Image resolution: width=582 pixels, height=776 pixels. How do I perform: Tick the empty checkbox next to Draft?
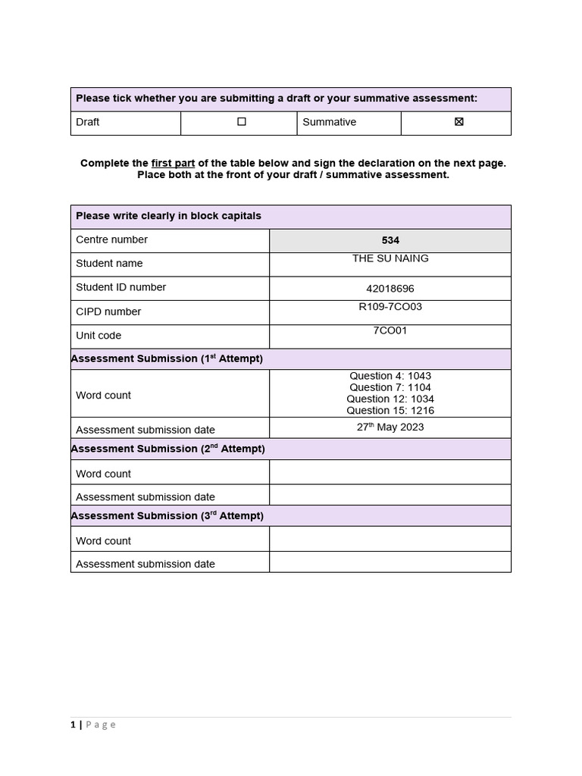[x=242, y=121]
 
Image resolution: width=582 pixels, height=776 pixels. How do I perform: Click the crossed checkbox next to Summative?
[x=458, y=121]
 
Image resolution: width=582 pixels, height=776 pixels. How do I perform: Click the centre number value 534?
[x=390, y=240]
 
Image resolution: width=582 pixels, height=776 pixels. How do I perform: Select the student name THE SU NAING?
[x=390, y=258]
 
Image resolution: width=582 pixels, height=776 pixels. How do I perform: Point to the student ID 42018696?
[x=390, y=289]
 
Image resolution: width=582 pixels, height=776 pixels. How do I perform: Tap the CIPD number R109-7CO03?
[x=390, y=307]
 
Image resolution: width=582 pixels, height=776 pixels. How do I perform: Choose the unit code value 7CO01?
[x=390, y=330]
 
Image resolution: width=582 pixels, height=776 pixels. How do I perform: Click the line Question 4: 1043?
[x=390, y=376]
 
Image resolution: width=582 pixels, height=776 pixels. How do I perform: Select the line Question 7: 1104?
[x=390, y=387]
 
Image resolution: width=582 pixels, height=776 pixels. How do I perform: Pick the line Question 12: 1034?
[x=390, y=399]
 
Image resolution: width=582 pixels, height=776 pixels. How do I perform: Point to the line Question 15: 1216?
[x=390, y=411]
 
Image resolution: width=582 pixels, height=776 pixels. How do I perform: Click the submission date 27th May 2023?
[x=390, y=427]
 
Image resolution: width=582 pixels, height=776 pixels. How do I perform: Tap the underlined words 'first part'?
[x=173, y=163]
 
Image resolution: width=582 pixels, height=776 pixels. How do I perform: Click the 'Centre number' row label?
[x=111, y=239]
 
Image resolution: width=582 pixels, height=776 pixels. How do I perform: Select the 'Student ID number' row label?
[x=120, y=287]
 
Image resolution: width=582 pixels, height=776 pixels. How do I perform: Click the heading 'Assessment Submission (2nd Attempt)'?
[x=168, y=449]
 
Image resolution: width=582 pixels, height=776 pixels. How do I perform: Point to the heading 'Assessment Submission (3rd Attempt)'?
[x=167, y=515]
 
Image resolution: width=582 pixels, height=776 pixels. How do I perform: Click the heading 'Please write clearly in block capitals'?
[x=168, y=216]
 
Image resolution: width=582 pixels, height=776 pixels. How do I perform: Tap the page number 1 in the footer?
[x=73, y=724]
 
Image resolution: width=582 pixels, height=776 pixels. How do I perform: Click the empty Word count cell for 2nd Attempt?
[x=390, y=473]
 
